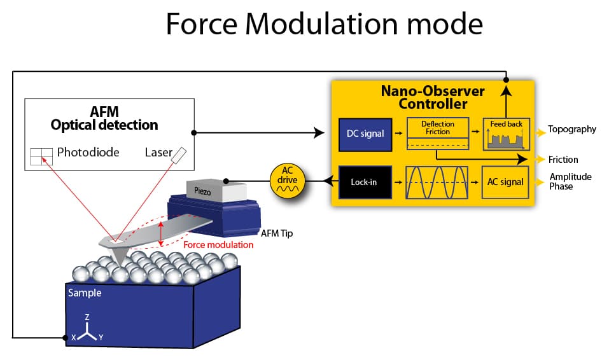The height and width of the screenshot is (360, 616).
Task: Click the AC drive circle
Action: [x=289, y=181]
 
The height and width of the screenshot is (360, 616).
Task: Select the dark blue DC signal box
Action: [x=364, y=134]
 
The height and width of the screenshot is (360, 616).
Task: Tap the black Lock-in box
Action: [x=364, y=182]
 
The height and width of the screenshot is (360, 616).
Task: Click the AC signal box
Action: [x=505, y=182]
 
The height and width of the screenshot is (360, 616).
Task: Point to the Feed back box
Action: [x=507, y=134]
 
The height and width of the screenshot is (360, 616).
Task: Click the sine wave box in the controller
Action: [x=437, y=182]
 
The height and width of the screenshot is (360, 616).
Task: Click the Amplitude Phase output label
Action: [x=570, y=181]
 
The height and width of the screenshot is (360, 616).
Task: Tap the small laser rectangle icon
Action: [x=181, y=154]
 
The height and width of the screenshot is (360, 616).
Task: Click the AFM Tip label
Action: [x=276, y=233]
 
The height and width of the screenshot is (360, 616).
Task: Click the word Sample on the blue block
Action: [x=84, y=293]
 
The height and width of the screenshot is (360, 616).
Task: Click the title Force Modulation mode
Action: [x=324, y=24]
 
